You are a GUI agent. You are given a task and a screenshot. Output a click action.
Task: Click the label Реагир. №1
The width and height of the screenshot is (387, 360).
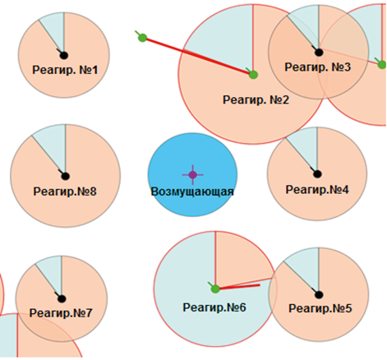65,70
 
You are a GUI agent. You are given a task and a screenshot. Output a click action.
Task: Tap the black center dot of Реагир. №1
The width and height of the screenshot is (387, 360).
64,55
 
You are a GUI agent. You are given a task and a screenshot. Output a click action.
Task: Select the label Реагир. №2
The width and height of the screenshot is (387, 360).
256,100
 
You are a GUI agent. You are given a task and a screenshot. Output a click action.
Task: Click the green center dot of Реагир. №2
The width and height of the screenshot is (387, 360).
253,75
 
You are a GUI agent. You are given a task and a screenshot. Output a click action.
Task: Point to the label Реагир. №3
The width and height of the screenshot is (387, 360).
318,67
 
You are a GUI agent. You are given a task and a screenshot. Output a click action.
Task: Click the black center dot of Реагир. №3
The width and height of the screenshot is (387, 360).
319,52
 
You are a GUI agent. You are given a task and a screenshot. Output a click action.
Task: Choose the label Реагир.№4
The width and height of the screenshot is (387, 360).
317,190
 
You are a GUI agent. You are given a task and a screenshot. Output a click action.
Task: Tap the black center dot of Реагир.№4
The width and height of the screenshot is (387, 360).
317,173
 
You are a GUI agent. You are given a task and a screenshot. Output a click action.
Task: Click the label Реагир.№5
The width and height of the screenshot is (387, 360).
320,308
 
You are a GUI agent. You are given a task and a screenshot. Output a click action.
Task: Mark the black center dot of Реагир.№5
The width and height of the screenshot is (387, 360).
319,295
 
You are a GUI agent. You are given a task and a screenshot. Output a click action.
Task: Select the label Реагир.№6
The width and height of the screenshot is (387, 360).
214,307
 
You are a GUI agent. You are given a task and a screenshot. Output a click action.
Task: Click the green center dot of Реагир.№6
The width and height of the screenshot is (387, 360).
215,288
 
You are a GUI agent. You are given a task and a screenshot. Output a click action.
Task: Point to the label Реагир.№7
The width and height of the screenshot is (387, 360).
61,313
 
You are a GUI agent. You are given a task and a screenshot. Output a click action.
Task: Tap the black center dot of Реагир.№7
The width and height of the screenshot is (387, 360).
62,298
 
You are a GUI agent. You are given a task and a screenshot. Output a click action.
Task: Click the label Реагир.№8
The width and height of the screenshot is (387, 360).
65,192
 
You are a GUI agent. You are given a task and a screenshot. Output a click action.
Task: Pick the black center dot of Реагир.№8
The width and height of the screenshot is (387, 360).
65,176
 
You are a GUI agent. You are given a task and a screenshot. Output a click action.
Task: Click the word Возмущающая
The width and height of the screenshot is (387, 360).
192,192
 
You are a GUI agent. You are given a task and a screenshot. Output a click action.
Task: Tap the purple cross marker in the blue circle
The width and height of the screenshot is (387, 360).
193,174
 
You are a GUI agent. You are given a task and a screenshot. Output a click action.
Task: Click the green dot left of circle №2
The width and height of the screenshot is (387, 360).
142,38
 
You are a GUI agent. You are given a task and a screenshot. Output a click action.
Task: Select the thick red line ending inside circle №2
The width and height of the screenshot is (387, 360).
198,56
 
